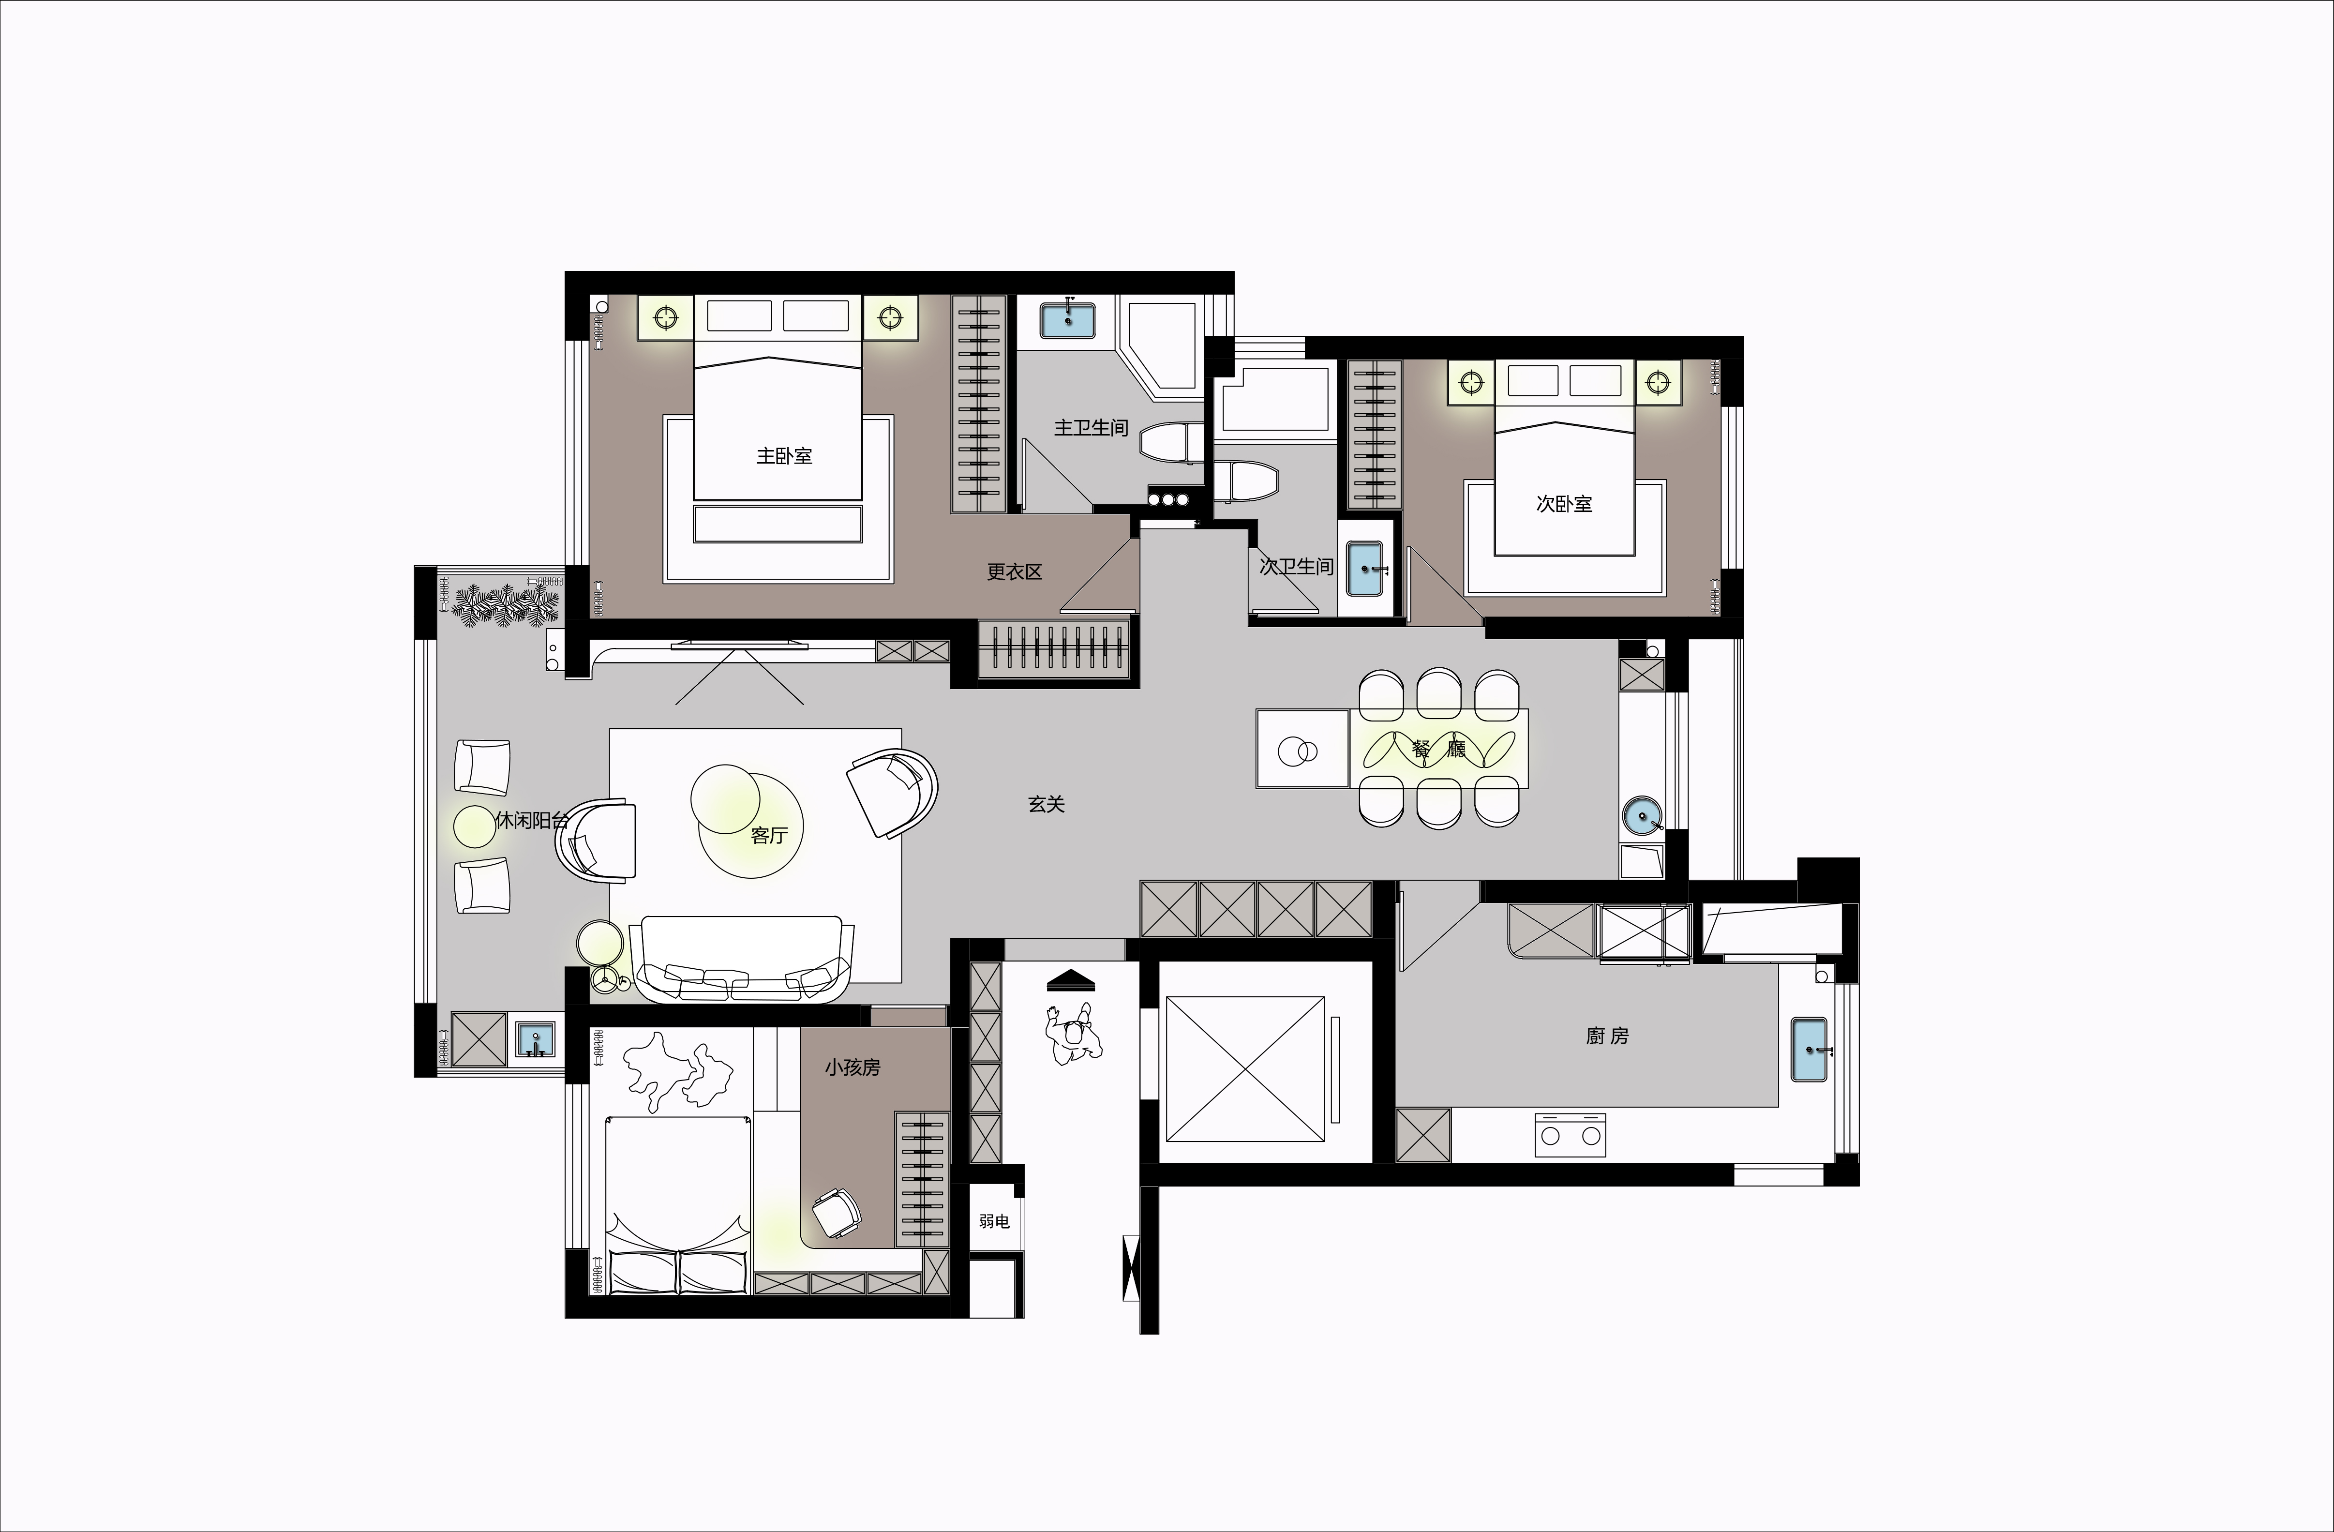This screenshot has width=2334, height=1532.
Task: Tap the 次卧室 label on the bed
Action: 1564,504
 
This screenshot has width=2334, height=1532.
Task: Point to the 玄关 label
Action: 1047,804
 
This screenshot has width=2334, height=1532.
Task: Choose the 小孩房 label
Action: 852,1067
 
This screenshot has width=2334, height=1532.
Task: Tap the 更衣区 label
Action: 1014,572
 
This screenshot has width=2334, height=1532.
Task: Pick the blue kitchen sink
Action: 1810,1050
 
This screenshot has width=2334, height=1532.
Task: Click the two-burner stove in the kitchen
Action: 1570,1134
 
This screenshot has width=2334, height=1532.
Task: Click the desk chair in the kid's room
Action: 836,1213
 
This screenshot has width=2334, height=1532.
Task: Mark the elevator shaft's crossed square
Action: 1244,1069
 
